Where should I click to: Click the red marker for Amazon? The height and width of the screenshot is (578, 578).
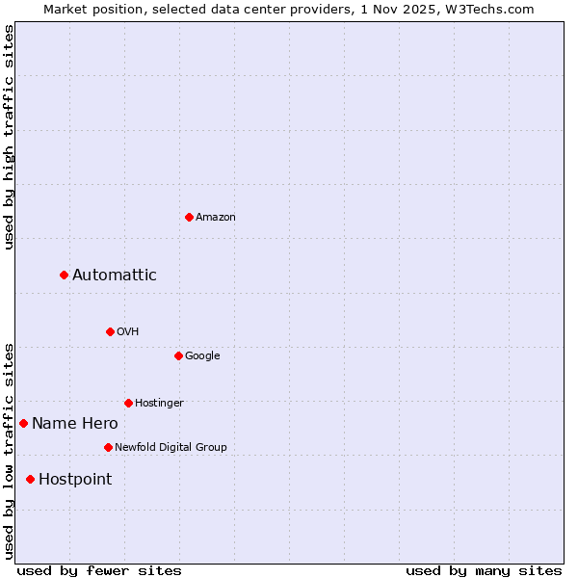tap(189, 217)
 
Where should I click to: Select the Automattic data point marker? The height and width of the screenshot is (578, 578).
tap(64, 275)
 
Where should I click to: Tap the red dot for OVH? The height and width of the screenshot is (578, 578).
tap(110, 331)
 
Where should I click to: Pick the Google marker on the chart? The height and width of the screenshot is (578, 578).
tap(178, 355)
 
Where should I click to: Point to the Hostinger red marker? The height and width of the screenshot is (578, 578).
tap(128, 403)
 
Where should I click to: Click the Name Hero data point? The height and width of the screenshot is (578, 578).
tap(23, 423)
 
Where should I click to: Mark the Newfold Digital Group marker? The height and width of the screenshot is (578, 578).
tap(108, 447)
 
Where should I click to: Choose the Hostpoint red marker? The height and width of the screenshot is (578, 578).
tap(30, 479)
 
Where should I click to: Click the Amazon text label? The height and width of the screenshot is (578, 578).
tap(216, 218)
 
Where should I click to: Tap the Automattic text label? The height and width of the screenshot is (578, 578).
tap(115, 276)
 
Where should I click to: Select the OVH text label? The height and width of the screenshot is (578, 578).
tap(128, 332)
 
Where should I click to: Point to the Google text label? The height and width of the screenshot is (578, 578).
tap(202, 356)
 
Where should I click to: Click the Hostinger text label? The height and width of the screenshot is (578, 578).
tap(159, 404)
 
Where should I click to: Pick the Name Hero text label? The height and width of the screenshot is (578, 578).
tap(75, 424)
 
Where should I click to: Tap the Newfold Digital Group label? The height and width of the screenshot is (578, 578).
tap(171, 448)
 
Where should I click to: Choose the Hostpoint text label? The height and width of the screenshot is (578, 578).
tap(75, 480)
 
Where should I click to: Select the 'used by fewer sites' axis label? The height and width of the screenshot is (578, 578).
tap(99, 570)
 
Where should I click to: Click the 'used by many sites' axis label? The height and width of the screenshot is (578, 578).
tap(484, 570)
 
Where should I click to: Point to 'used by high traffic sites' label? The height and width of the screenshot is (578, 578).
tap(9, 137)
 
